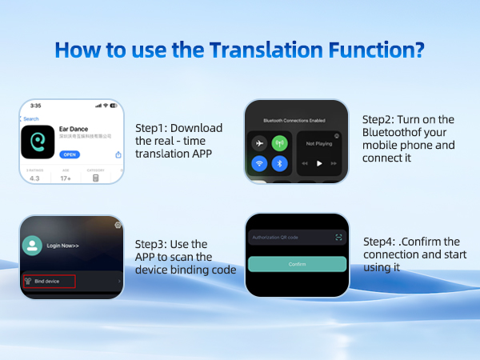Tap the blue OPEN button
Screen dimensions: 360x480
[70, 154]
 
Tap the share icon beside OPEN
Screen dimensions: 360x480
[118, 154]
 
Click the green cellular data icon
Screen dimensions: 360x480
[280, 144]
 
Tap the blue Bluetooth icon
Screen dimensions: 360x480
[280, 164]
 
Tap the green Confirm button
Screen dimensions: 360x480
[296, 263]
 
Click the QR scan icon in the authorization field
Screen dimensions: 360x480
[339, 238]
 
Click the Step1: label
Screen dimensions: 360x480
[152, 128]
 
